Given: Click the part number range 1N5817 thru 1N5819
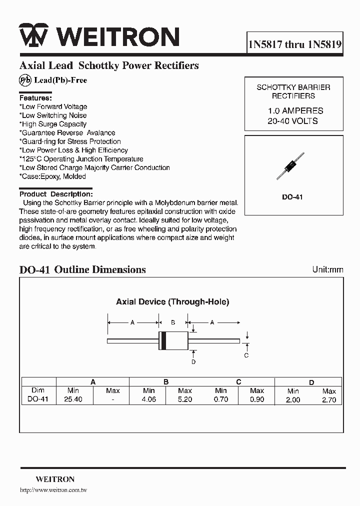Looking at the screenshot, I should click(x=295, y=44).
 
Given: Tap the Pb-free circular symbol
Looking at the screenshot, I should click(x=25, y=80).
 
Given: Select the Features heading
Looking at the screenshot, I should click(x=35, y=98).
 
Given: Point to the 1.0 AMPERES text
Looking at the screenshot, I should click(x=293, y=111).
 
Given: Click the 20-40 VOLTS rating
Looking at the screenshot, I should click(x=292, y=121).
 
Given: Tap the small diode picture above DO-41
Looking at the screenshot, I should click(x=290, y=166).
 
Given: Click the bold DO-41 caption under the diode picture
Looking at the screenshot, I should click(x=292, y=197).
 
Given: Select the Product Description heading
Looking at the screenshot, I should click(x=56, y=194).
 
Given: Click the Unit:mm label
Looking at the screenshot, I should click(x=327, y=269).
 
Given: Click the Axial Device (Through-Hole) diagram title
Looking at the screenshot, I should click(x=172, y=301).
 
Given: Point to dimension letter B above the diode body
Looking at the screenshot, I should click(x=172, y=323).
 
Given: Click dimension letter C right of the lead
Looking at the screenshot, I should click(x=246, y=355).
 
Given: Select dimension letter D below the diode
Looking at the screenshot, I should click(x=193, y=361).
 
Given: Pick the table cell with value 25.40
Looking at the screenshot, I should click(x=73, y=400).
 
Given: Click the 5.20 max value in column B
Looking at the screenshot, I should click(x=184, y=400).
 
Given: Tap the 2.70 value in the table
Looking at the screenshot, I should click(x=329, y=400).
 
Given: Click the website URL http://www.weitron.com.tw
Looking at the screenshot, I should click(x=53, y=490).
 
